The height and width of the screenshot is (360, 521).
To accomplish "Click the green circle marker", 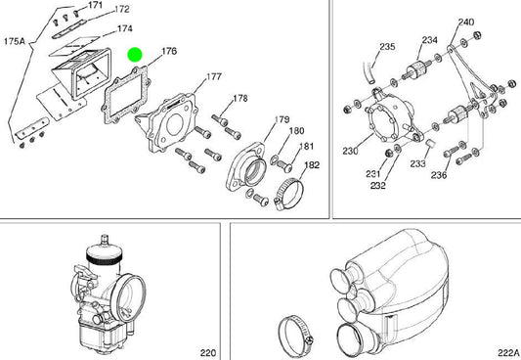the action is (135, 55).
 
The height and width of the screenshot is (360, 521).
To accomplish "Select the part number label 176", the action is (169, 51).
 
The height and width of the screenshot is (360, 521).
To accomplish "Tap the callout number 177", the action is (214, 76).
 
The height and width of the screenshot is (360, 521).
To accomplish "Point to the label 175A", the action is (15, 41).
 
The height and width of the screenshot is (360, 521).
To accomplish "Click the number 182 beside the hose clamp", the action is (312, 165).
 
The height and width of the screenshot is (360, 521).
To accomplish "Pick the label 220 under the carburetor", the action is (208, 352).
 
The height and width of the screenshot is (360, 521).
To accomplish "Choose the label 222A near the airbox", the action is (508, 352).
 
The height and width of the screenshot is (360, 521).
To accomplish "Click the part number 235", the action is (387, 47).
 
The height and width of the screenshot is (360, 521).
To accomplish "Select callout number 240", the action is (466, 22).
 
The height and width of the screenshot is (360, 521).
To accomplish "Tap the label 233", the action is (417, 163).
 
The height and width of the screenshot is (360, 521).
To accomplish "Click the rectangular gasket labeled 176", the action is (125, 95).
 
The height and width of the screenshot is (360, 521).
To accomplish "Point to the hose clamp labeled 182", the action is (289, 194).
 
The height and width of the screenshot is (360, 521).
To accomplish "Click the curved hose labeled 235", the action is (369, 73).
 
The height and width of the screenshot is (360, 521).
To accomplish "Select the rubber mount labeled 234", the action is (415, 70).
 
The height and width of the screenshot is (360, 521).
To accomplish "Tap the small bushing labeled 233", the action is (430, 143).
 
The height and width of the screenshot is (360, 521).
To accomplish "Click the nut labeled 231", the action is (387, 154).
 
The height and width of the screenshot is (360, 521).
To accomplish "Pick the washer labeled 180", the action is (275, 159).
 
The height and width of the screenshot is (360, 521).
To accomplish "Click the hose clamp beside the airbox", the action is (296, 337).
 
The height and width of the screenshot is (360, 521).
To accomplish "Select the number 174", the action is (124, 28).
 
